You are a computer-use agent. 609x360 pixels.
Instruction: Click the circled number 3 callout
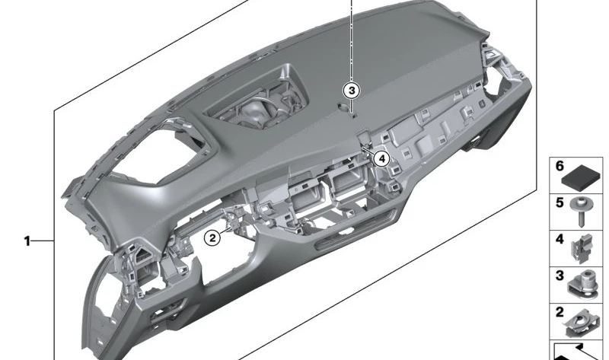coord(351,91)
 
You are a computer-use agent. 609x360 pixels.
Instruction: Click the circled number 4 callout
coord(382,158)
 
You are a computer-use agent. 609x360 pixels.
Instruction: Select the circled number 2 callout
coord(212,237)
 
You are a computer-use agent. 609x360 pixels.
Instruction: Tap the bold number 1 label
coord(27,241)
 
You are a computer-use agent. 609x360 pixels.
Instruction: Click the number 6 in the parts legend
coord(560,166)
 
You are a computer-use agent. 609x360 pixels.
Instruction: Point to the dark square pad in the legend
coord(581,178)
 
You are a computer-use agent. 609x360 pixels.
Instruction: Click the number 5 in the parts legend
coord(560,202)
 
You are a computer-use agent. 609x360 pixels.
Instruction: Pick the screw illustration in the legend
coord(581,212)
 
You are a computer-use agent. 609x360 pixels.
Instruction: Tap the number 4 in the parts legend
coord(560,239)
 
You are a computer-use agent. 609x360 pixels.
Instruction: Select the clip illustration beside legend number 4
coord(582,248)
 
